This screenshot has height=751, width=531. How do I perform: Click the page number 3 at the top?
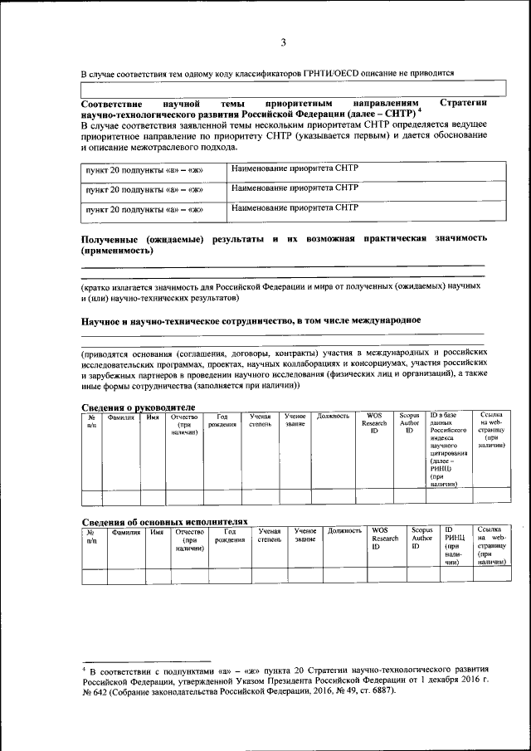tap(282, 43)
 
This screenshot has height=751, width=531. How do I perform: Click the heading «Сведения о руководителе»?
tap(138, 407)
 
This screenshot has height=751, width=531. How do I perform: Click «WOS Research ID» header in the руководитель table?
tap(374, 423)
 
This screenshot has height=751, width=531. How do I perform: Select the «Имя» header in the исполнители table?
tap(156, 530)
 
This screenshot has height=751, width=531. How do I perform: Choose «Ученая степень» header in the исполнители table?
tap(268, 535)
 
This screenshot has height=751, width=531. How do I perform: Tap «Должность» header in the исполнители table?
tap(344, 530)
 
